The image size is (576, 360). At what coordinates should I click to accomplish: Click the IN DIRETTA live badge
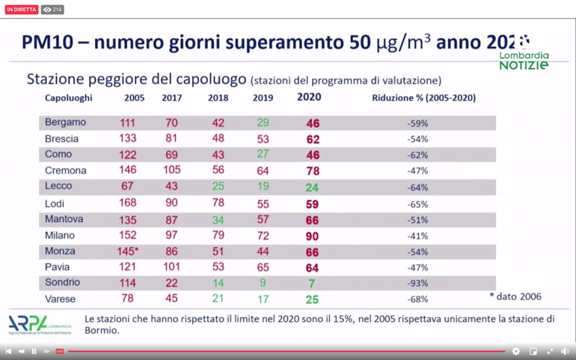(x=21, y=10)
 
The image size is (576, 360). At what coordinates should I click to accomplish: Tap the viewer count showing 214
(x=52, y=10)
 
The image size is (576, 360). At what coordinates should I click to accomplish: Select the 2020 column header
(x=309, y=97)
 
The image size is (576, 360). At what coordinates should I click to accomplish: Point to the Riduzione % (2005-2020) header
(x=423, y=98)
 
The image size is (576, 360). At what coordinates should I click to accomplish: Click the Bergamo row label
(x=65, y=123)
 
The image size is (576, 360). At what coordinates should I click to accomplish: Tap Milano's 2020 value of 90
(x=312, y=237)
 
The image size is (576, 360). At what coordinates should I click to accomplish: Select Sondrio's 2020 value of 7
(x=312, y=284)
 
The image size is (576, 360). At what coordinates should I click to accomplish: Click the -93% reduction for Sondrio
(x=417, y=284)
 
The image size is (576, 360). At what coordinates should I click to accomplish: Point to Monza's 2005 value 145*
(x=128, y=252)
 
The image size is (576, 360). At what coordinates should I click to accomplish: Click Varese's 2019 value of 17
(x=263, y=299)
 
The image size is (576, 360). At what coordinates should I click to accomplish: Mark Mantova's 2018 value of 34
(x=218, y=220)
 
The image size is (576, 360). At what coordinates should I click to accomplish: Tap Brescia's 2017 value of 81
(x=172, y=139)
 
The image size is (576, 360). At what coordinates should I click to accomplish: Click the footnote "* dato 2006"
(x=515, y=297)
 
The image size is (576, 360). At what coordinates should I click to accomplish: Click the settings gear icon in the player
(x=515, y=351)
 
